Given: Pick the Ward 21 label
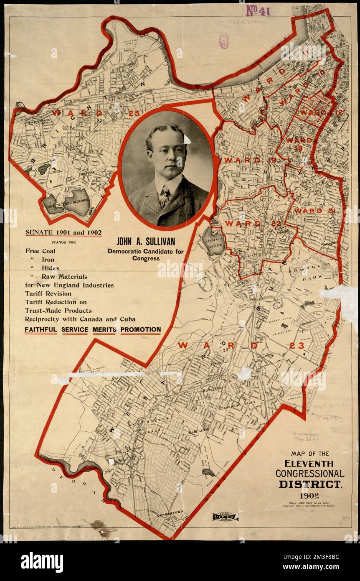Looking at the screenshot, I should click(314, 211).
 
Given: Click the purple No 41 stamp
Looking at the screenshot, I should click(258, 10).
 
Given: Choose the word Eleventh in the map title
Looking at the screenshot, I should click(309, 463).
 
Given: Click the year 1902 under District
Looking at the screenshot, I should click(309, 496).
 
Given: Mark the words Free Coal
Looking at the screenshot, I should click(40, 251).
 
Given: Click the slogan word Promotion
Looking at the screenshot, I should click(141, 329).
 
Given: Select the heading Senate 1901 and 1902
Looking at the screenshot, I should click(63, 232).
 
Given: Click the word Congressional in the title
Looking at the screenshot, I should click(309, 474).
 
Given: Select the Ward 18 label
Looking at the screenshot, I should click(299, 140).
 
